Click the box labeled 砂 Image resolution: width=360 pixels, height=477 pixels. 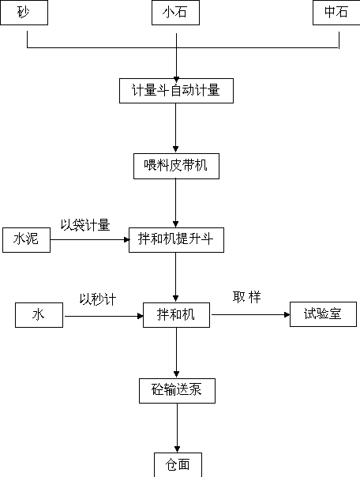click(x=24, y=13)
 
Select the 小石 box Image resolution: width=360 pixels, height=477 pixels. click(x=175, y=13)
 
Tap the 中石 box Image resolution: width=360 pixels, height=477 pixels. click(x=336, y=13)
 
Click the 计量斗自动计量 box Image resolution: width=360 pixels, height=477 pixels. click(x=176, y=91)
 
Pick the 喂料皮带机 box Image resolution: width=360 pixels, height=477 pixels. click(x=176, y=166)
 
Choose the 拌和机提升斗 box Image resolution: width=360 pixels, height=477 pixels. click(x=176, y=240)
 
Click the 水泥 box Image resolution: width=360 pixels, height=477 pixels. click(x=26, y=240)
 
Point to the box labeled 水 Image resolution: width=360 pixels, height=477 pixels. click(x=39, y=315)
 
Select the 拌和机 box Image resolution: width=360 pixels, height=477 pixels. click(x=176, y=315)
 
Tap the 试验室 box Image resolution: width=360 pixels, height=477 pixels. click(x=323, y=314)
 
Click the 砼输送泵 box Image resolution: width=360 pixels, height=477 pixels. click(x=178, y=391)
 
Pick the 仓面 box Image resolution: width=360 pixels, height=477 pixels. click(x=178, y=465)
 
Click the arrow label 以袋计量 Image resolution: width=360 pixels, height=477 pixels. click(x=85, y=225)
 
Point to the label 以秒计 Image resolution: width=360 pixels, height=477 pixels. click(x=98, y=299)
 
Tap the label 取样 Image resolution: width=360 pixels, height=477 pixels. click(x=246, y=297)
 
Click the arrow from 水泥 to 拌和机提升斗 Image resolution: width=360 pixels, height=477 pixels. click(x=90, y=240)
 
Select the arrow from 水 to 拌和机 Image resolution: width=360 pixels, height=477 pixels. click(x=103, y=316)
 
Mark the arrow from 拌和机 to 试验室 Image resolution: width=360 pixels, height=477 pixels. click(x=250, y=314)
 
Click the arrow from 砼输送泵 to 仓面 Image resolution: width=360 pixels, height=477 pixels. click(x=178, y=428)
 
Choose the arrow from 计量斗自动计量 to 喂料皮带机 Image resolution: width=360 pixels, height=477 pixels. click(x=175, y=128)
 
